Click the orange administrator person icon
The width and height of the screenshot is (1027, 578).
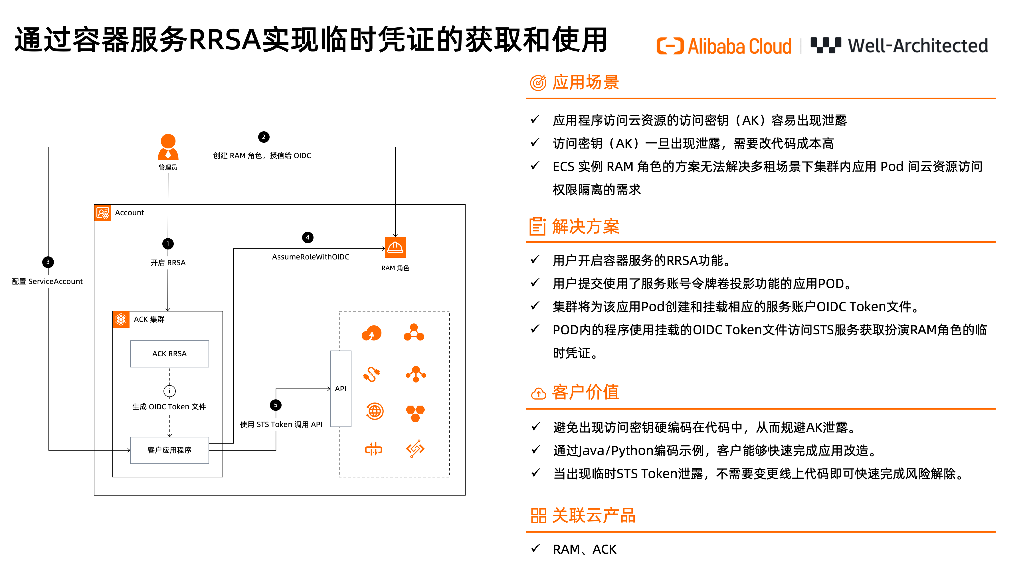pyautogui.click(x=168, y=147)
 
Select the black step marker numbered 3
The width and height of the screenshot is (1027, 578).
pyautogui.click(x=48, y=262)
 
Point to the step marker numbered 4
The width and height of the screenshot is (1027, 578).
pyautogui.click(x=307, y=237)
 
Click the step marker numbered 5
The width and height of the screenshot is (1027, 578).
pyautogui.click(x=276, y=405)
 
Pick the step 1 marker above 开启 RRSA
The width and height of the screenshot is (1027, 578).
pyautogui.click(x=168, y=243)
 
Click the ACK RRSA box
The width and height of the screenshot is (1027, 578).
pyautogui.click(x=169, y=353)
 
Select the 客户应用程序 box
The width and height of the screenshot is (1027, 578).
pyautogui.click(x=169, y=450)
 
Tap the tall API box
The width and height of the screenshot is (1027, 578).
pyautogui.click(x=340, y=388)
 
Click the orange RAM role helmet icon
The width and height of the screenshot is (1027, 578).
pyautogui.click(x=395, y=247)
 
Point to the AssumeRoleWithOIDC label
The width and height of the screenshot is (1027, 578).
pyautogui.click(x=311, y=257)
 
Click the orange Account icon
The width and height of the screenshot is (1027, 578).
pyautogui.click(x=102, y=213)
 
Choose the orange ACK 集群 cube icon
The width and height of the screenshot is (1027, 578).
pyautogui.click(x=121, y=319)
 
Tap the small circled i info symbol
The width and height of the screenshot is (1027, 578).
pyautogui.click(x=169, y=391)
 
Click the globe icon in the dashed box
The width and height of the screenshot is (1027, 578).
pyautogui.click(x=374, y=411)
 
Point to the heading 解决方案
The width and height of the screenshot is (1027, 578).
pyautogui.click(x=585, y=227)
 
